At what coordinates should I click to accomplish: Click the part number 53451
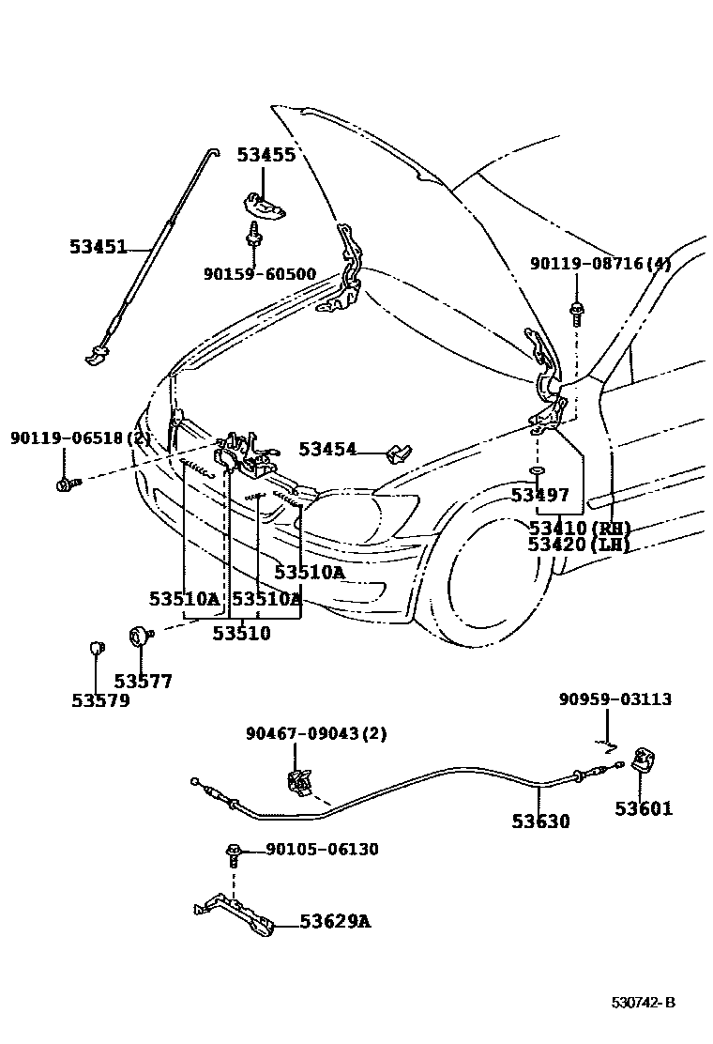[x=98, y=247]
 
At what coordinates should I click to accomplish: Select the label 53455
[x=265, y=155]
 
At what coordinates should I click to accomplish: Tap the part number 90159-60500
[x=260, y=274]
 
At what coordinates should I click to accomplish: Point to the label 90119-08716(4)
[x=600, y=265]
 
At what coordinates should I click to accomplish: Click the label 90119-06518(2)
[x=81, y=438]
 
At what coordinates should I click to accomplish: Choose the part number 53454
[x=327, y=450]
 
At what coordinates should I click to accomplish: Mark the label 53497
[x=540, y=495]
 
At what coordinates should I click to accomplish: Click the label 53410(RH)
[x=579, y=528]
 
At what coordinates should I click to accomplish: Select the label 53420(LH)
[x=578, y=545]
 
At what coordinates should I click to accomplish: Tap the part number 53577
[x=144, y=682]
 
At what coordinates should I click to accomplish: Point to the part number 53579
[x=100, y=700]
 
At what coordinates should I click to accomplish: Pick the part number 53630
[x=540, y=821]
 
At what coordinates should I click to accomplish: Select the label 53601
[x=644, y=808]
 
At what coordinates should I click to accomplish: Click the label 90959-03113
[x=615, y=699]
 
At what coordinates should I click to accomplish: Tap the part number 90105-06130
[x=322, y=850]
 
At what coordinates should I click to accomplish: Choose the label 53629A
[x=335, y=922]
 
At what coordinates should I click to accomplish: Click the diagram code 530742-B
[x=644, y=1002]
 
